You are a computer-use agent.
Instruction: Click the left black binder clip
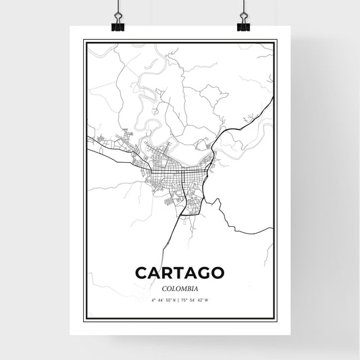click(118, 26)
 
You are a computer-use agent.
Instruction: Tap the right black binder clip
click(243, 26)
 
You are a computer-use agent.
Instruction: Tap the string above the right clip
click(243, 6)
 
